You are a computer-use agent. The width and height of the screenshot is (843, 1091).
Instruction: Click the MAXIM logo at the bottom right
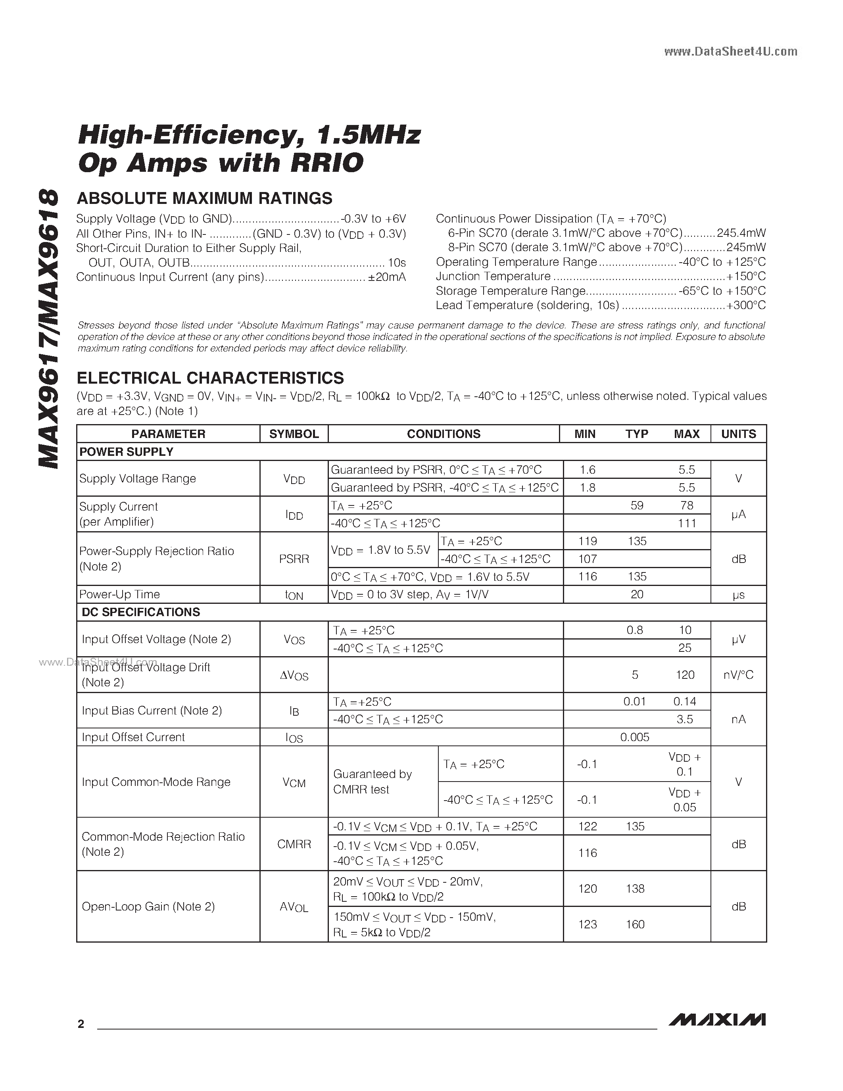tap(717, 1019)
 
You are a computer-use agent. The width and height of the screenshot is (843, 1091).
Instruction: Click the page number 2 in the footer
tap(81, 1024)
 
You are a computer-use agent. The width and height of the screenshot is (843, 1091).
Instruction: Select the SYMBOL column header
tap(294, 434)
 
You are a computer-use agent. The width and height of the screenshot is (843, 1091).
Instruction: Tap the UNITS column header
tap(738, 434)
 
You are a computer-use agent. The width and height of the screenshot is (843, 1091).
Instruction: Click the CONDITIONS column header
tap(444, 434)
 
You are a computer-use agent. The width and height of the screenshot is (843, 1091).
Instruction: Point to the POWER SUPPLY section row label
tap(126, 451)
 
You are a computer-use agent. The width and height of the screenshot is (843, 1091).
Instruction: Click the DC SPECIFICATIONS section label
tap(140, 612)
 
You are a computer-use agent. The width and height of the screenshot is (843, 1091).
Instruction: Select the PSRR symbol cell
tap(294, 559)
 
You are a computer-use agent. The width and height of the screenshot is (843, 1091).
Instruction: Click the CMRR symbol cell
tap(294, 844)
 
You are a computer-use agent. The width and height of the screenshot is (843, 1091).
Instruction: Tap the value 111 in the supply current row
tap(687, 523)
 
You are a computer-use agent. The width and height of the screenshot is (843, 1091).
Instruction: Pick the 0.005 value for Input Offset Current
tap(635, 737)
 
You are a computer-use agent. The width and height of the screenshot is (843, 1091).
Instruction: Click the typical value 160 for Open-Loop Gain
tap(635, 924)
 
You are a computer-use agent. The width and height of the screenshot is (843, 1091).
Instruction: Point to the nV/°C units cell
tap(738, 675)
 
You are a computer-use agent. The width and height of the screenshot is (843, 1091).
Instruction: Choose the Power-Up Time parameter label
tap(119, 594)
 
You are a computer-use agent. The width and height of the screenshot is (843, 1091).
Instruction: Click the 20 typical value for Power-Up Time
tap(637, 594)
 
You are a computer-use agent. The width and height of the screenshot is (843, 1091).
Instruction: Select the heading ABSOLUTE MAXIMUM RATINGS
tap(204, 198)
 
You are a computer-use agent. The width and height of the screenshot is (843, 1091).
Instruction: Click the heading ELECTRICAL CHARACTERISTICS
tap(210, 378)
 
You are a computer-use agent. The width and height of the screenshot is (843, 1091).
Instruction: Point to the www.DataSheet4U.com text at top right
tap(731, 52)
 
